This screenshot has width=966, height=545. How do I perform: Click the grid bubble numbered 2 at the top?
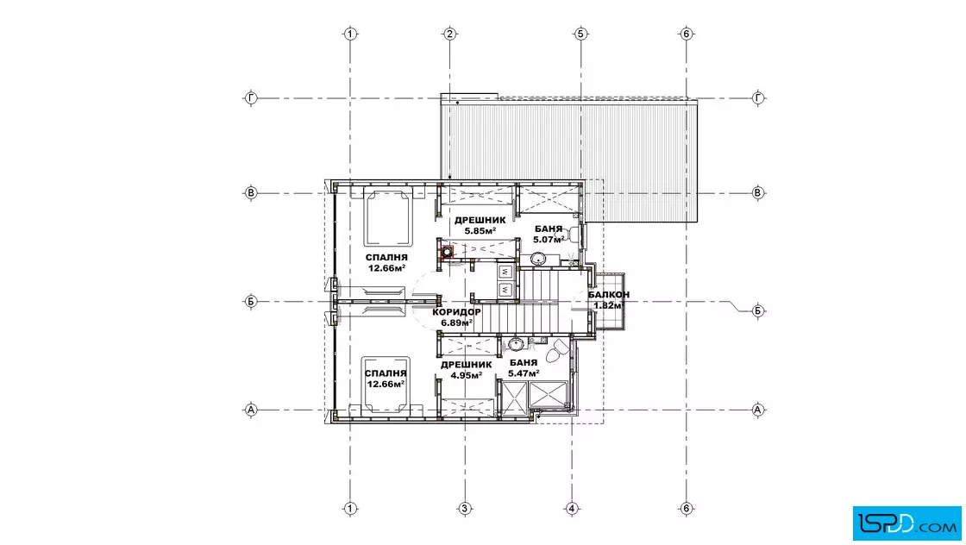tap(449, 34)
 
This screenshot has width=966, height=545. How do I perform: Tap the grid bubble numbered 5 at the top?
tap(580, 34)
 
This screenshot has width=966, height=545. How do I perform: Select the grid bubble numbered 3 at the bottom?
tap(465, 509)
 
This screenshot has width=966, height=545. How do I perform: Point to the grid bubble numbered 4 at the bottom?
tap(572, 509)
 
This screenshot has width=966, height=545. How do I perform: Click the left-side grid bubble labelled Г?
tap(251, 98)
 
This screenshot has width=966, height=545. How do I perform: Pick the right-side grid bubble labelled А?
tap(758, 410)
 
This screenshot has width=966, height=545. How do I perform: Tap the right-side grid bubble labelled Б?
tap(758, 311)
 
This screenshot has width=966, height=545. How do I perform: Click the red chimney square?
tap(448, 251)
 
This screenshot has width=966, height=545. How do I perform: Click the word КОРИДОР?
tap(456, 312)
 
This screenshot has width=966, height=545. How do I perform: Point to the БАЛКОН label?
tap(609, 295)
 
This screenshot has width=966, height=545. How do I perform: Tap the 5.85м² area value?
tap(480, 231)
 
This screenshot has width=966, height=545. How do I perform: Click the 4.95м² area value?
tap(466, 375)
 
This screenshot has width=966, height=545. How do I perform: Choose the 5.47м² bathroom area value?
tap(524, 373)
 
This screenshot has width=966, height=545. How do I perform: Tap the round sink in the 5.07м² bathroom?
tap(540, 258)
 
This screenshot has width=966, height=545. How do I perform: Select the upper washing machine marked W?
tap(505, 272)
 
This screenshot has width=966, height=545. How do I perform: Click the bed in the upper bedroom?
tap(387, 216)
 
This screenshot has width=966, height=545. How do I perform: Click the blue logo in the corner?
tap(906, 523)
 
